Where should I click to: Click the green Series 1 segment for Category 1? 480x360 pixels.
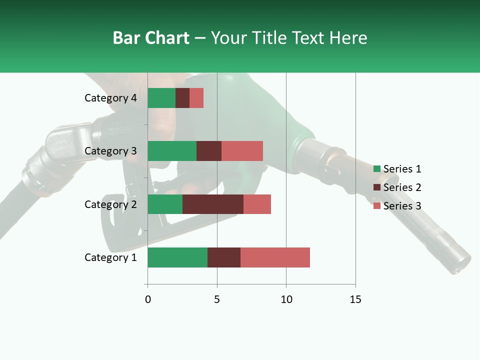[177, 257]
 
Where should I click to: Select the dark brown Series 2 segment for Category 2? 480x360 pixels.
[213, 204]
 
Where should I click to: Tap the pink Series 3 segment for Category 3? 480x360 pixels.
[242, 151]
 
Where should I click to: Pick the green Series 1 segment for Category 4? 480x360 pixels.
[161, 98]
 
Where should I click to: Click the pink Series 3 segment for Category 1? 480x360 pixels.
[275, 257]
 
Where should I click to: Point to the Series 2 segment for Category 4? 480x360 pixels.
[182, 98]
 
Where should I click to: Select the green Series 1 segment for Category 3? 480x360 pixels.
[172, 151]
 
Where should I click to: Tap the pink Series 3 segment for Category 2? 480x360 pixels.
[257, 204]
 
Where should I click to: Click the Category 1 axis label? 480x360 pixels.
[110, 257]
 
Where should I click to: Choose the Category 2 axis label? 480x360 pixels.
[110, 204]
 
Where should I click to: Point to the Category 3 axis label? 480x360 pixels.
[110, 151]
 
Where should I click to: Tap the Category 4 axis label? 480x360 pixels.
[110, 98]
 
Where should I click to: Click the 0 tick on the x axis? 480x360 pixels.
[147, 299]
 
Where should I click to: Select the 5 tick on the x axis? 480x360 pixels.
[217, 299]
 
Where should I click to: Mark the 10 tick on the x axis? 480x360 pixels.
[286, 299]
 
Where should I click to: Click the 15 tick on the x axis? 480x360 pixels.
[355, 299]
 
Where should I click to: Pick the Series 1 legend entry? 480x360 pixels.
[397, 169]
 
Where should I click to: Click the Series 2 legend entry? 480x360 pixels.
[397, 187]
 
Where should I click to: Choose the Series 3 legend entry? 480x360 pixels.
[397, 206]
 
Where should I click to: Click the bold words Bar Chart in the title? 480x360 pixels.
[151, 38]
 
